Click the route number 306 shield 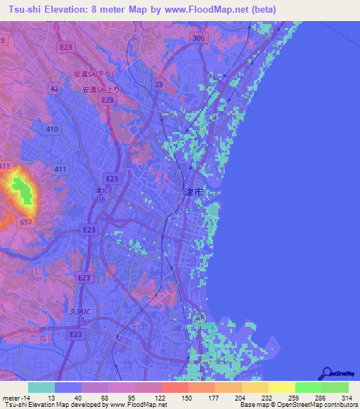click(199, 39)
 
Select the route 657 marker click(26, 222)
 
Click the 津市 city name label click(193, 192)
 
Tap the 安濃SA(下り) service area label click(93, 73)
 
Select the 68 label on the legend click(104, 396)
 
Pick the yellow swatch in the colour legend click(281, 387)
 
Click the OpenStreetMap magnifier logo click(328, 373)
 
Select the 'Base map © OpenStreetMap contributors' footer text click(297, 405)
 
